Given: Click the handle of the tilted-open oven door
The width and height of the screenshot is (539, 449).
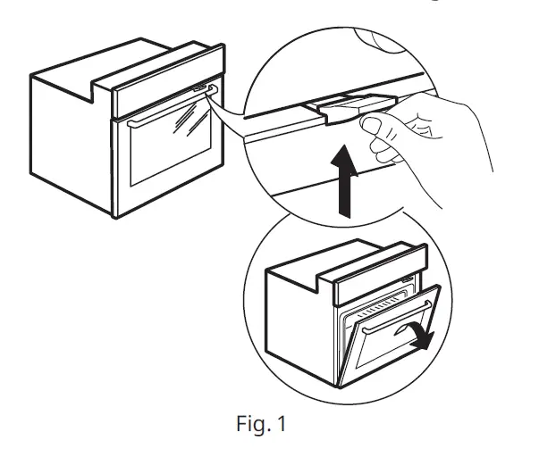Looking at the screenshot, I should pos(398,310).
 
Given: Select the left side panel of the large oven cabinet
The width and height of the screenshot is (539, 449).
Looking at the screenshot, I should pos(72,143).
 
